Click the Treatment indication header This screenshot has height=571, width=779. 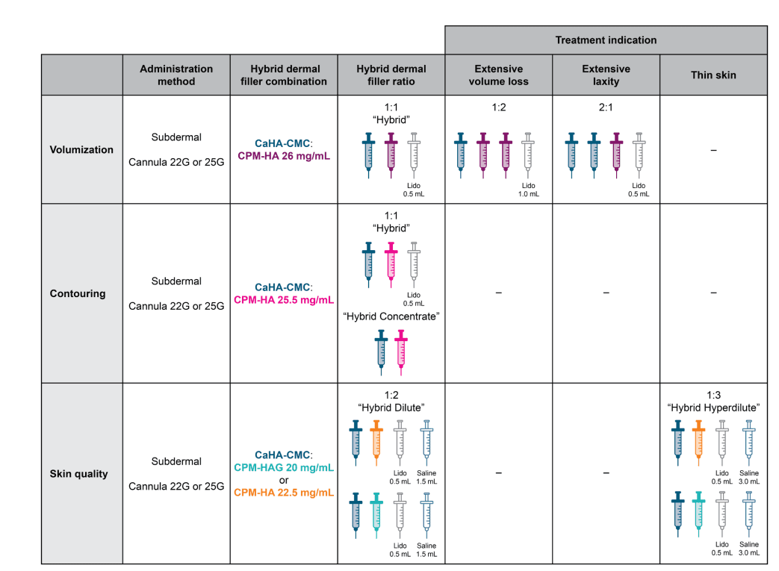606,40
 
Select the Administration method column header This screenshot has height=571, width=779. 176,75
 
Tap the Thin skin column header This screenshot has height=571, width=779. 713,75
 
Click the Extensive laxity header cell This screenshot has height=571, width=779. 606,75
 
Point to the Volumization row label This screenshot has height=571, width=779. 82,149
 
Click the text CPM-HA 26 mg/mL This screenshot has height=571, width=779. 284,156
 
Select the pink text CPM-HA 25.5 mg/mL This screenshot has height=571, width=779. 284,300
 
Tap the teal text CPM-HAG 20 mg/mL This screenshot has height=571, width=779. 284,467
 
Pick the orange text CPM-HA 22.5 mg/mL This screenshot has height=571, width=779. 284,493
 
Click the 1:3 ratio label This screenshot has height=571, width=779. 713,395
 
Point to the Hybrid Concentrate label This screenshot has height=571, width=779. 391,316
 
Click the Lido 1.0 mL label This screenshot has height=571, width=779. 529,189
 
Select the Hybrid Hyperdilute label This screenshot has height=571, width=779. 713,408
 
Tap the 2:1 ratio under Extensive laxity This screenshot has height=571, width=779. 606,107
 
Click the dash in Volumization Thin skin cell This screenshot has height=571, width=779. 713,150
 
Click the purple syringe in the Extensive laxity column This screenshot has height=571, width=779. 617,155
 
